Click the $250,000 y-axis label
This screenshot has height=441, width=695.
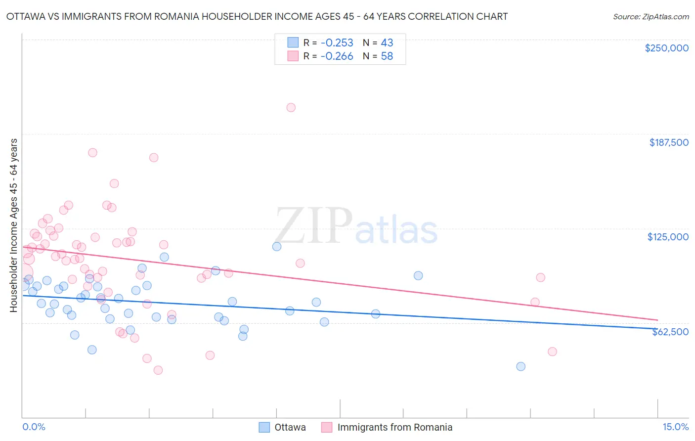(666, 48)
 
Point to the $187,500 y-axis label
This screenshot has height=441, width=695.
(668, 142)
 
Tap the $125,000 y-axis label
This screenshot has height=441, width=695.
(668, 237)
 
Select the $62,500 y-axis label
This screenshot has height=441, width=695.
(670, 332)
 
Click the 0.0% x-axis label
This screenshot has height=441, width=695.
(34, 427)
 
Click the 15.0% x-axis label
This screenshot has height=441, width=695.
(675, 427)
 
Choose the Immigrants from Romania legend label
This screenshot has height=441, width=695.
(394, 427)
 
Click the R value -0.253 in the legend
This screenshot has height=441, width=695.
(337, 43)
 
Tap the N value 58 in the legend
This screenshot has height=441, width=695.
(387, 56)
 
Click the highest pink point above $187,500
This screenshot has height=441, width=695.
(291, 108)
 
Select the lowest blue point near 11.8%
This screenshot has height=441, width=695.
(521, 366)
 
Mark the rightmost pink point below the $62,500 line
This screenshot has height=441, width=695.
(552, 352)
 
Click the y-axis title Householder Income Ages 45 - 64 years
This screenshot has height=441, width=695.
(14, 225)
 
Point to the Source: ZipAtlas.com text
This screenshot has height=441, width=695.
(651, 16)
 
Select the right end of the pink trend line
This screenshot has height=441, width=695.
(657, 320)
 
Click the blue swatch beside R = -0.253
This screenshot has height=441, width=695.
(293, 43)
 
